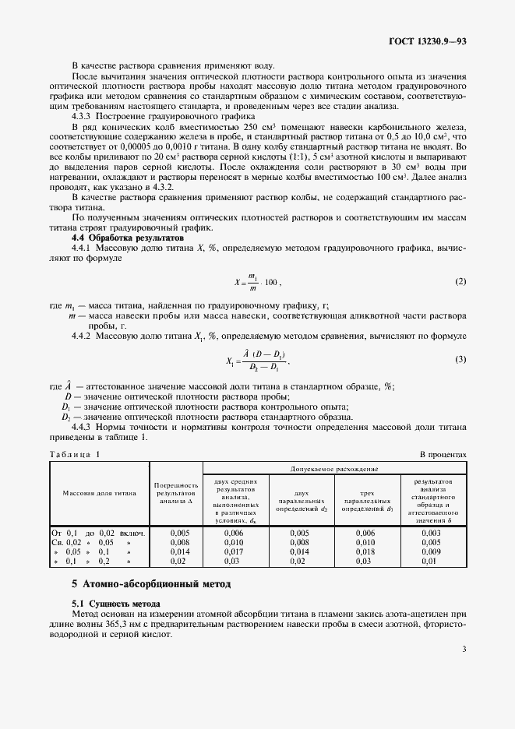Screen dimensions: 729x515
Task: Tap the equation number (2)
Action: click(460, 280)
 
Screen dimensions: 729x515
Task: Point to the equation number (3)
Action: click(460, 359)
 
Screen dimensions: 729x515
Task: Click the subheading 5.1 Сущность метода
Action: click(116, 604)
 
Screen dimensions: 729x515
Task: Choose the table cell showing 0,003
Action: click(431, 532)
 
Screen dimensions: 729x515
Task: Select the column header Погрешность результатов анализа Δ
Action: click(176, 492)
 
